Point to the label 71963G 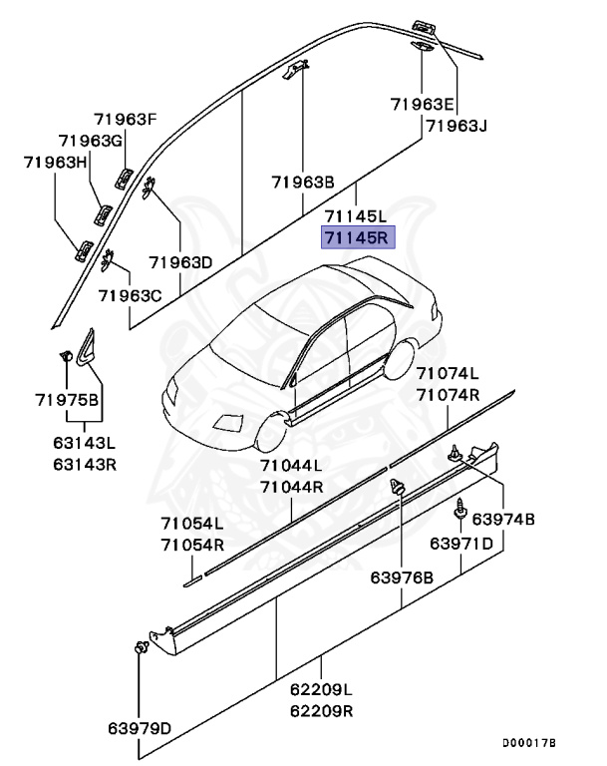(91, 141)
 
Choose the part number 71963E (422, 105)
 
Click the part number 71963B (303, 183)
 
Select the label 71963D (180, 263)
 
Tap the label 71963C (130, 296)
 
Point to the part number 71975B (67, 401)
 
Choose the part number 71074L (448, 374)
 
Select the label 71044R (291, 487)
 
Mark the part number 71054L (192, 525)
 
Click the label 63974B (503, 520)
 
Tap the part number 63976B (402, 577)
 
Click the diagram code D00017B (528, 743)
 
